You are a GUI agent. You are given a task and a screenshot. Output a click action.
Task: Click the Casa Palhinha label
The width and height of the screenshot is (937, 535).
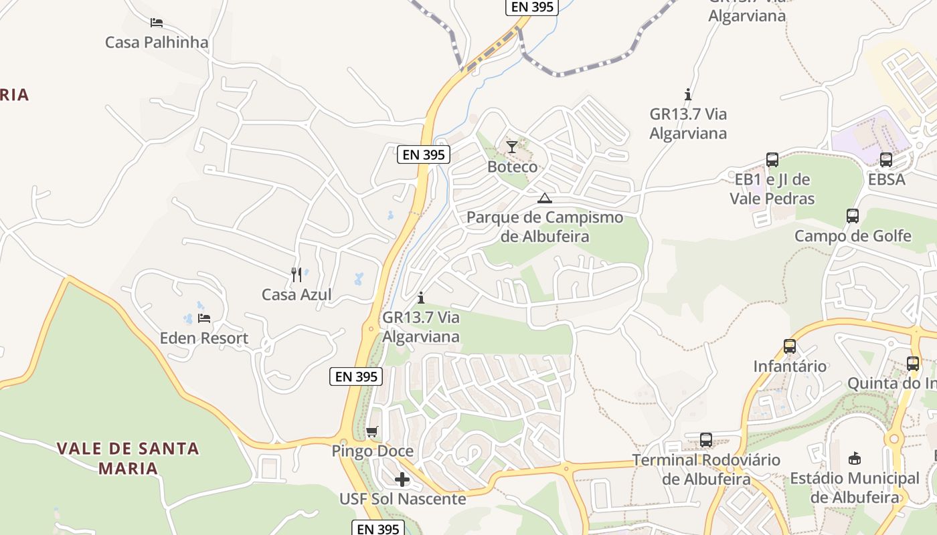tap(157, 42)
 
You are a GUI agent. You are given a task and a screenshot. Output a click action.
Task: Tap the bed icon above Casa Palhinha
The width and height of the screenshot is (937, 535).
tap(157, 22)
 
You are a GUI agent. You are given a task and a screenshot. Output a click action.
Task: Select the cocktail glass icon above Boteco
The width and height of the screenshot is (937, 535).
tap(512, 146)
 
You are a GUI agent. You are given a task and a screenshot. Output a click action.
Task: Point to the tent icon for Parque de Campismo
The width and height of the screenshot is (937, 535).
tap(545, 197)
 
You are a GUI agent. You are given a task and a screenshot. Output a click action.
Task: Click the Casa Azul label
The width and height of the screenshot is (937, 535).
tap(296, 294)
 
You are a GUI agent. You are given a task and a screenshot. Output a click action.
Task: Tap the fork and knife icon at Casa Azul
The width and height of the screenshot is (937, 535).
tap(296, 274)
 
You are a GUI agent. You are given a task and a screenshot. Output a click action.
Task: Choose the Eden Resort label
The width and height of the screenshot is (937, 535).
tap(203, 338)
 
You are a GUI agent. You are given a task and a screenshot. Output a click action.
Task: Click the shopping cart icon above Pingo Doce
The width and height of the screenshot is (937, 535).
tap(372, 431)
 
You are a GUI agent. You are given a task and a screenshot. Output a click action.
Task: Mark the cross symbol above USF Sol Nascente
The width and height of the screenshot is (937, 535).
tap(402, 479)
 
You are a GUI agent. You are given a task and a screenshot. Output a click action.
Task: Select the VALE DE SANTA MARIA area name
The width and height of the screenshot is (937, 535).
tap(128, 458)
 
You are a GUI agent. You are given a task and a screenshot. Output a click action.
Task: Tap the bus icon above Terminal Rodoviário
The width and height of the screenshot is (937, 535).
tap(706, 439)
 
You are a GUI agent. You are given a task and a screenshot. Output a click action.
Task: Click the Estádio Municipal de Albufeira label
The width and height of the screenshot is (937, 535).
tap(855, 488)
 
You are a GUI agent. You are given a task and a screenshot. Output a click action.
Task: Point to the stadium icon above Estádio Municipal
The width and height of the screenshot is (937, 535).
tap(855, 459)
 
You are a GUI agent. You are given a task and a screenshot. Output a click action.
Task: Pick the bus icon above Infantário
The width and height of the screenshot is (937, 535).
tap(790, 346)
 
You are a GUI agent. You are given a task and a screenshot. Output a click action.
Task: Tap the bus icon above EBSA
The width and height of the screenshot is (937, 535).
tap(886, 159)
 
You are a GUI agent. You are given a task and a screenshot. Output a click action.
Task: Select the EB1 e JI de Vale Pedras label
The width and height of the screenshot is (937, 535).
tap(772, 189)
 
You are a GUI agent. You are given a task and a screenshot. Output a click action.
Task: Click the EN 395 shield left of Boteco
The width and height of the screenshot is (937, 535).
tap(424, 154)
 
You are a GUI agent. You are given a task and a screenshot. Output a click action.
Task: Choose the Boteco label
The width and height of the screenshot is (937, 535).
tap(512, 167)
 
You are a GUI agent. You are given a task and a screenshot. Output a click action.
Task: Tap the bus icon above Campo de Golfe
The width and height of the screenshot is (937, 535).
tap(853, 216)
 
